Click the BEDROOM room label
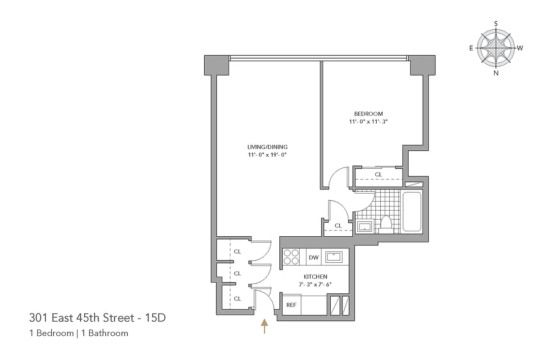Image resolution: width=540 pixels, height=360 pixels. click(368, 114)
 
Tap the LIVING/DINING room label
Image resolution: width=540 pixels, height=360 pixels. click(267, 147)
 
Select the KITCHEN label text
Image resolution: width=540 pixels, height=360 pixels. click(315, 276)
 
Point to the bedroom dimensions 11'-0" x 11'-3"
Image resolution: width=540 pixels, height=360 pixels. click(368, 121)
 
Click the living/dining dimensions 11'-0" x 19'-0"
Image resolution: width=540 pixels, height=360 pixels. click(267, 155)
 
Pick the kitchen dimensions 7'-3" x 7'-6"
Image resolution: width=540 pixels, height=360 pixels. click(315, 284)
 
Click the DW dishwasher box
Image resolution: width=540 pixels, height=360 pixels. click(314, 258)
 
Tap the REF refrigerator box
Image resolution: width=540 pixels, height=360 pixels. click(292, 305)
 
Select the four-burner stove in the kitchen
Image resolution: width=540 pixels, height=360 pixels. click(292, 256)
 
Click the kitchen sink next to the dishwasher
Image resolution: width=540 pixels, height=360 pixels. click(333, 256)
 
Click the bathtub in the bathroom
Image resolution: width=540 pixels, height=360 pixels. click(412, 211)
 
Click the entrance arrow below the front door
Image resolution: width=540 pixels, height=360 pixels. click(265, 326)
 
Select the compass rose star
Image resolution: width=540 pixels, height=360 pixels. click(496, 48)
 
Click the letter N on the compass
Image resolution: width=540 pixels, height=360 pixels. click(496, 73)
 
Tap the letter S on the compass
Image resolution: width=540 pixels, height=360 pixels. click(496, 23)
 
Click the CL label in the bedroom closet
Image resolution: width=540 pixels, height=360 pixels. click(378, 174)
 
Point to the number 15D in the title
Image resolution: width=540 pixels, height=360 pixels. click(155, 318)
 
